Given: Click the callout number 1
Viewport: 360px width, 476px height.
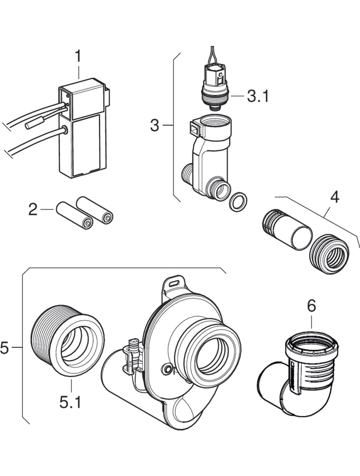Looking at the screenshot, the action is click(x=78, y=57).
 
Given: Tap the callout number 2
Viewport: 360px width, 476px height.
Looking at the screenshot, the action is click(x=33, y=209).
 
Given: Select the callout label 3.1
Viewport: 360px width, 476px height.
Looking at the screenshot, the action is click(x=258, y=96).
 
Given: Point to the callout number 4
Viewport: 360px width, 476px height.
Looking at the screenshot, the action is click(x=334, y=197).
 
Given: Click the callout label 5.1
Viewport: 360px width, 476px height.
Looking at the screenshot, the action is click(x=70, y=402).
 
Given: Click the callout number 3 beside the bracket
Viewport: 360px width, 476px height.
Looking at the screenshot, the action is click(x=155, y=125).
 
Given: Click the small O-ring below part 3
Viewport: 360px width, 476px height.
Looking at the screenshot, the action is click(x=238, y=201).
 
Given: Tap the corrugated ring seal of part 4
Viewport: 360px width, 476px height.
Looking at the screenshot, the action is click(x=329, y=254).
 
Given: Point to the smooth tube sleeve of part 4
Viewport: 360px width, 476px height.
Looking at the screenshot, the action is click(x=287, y=229).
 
